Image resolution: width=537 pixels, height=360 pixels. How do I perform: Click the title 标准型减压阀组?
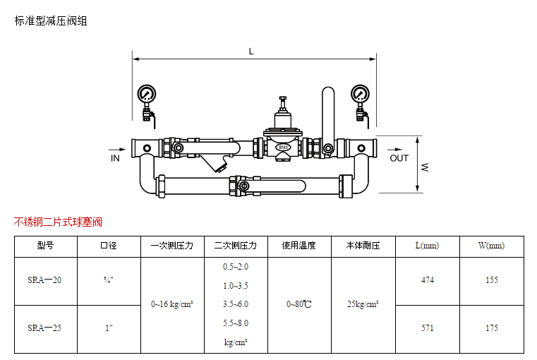coord(51,21)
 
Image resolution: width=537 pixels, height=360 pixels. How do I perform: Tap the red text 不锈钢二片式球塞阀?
coord(58,222)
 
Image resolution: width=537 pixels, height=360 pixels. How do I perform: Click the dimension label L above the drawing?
coord(251,52)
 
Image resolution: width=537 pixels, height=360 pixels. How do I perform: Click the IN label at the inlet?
coord(115,158)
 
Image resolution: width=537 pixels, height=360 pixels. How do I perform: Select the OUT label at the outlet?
coord(399,158)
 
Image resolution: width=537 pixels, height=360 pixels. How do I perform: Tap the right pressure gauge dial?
coord(360,93)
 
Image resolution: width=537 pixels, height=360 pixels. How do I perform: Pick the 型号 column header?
coord(45,246)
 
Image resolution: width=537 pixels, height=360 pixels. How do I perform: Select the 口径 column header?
coord(109,246)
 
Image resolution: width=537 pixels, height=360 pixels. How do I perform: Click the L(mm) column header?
coord(427,246)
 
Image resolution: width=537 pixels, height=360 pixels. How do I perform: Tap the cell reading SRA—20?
coord(45,280)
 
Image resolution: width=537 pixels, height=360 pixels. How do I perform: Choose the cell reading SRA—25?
coord(45,328)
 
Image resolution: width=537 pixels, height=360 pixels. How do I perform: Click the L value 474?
coord(427,280)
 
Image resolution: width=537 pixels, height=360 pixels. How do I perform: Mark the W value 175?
coord(492,328)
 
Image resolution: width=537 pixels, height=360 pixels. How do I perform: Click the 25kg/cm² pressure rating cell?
coord(363,304)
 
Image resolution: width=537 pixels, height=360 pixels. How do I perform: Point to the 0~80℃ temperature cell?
coord(299,304)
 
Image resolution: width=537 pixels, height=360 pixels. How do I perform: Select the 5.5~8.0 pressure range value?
coord(236,323)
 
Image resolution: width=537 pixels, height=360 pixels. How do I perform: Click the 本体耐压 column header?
coord(363,246)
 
